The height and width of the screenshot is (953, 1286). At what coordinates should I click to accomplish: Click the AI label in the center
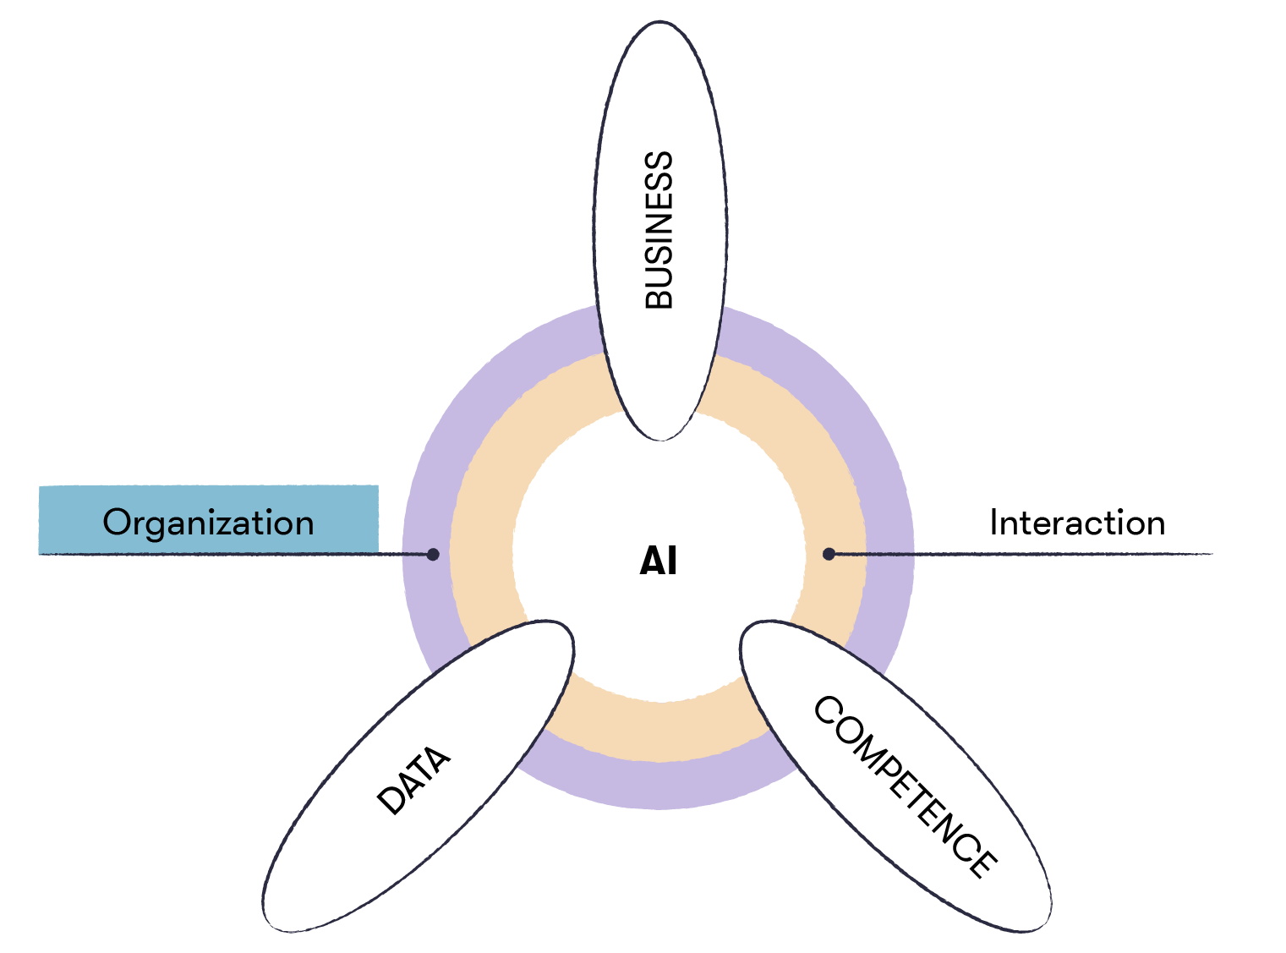coord(658,561)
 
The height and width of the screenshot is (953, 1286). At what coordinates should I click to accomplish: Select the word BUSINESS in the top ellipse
coord(659,230)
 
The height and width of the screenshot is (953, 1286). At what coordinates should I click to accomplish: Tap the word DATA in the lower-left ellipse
coord(413,780)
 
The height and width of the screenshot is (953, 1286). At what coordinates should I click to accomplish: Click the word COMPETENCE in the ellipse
coord(906,786)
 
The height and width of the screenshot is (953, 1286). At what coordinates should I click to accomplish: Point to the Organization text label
coord(208,523)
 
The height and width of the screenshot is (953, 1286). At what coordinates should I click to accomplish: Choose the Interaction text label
coord(1077,523)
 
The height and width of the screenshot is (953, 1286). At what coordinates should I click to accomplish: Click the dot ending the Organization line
coord(433,554)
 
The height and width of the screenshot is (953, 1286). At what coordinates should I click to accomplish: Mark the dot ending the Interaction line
coord(829,554)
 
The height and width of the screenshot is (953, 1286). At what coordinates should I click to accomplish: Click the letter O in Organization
coord(118,523)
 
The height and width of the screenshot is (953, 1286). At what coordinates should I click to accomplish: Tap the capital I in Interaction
coord(994,523)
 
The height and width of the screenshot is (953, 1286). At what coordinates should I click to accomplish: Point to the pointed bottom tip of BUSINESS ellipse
coord(661,439)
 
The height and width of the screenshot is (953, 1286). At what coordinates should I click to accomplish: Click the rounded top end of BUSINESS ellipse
coord(659,23)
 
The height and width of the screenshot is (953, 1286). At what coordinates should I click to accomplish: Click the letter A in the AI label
coord(651,561)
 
